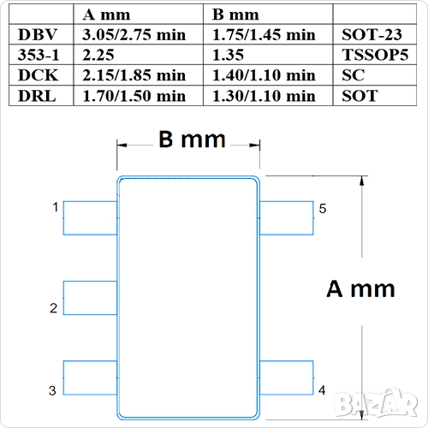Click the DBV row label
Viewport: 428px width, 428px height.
click(38, 34)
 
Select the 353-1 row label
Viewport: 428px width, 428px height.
click(39, 55)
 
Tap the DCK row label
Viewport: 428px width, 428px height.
click(39, 75)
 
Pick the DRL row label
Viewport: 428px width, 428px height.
click(37, 96)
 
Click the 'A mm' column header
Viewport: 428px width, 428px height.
click(106, 15)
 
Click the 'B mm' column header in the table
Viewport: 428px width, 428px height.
click(235, 15)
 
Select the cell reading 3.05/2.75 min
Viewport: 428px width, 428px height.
click(134, 35)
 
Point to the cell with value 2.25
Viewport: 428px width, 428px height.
click(98, 55)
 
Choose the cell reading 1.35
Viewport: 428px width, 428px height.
click(228, 55)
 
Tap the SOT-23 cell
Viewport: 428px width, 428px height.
click(372, 34)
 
